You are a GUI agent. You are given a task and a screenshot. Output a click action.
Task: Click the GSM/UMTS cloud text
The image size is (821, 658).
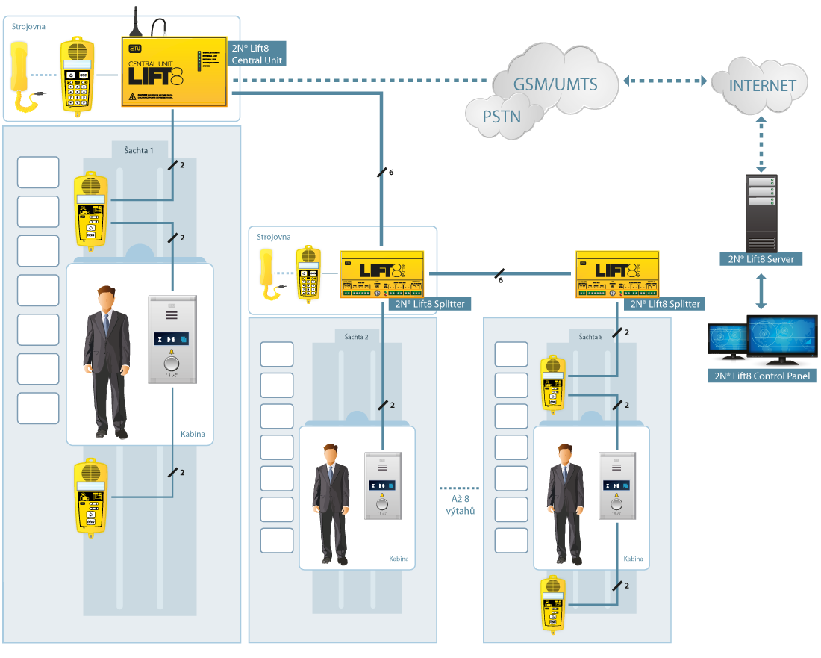(555, 84)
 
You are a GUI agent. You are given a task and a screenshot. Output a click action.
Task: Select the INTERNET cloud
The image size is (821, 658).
(762, 85)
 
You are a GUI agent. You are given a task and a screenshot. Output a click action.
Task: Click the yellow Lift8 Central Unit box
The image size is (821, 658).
(174, 71)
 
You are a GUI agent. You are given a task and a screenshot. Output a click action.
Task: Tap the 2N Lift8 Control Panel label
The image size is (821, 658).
(762, 376)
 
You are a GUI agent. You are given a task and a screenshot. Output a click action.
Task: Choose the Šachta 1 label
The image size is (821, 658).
(139, 150)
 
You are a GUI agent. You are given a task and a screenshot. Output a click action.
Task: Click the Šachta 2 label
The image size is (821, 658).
(358, 337)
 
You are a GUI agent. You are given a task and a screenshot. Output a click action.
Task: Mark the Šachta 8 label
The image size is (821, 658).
(590, 337)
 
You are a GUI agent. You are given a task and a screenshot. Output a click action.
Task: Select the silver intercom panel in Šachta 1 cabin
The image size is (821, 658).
(172, 340)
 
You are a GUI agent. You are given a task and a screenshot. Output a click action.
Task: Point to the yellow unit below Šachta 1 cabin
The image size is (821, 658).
(89, 496)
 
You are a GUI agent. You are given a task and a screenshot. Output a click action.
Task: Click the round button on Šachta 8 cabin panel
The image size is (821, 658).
(616, 503)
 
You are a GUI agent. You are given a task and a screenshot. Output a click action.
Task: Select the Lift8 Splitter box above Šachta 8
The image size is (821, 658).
(617, 274)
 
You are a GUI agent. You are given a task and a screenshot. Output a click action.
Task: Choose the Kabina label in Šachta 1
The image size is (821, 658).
(192, 434)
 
